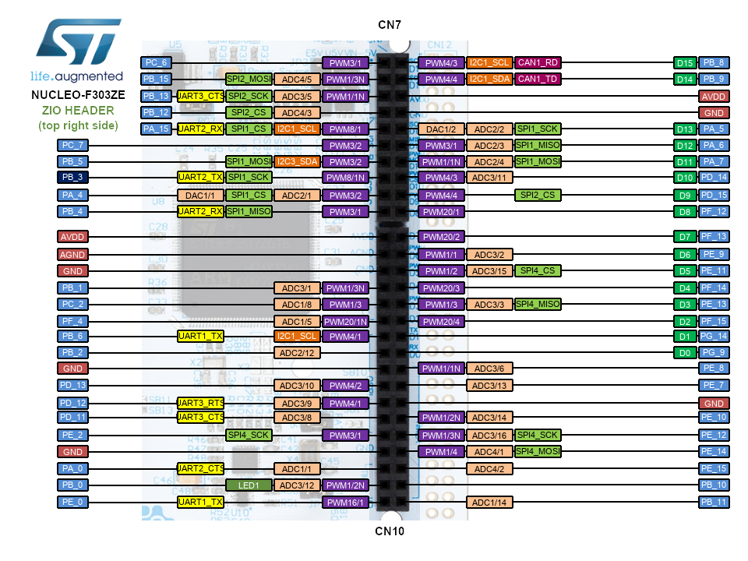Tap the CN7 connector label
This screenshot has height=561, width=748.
point(390,25)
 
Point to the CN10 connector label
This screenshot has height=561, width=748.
point(389,531)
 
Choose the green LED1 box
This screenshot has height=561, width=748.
point(249,485)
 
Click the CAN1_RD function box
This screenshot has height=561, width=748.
point(538,62)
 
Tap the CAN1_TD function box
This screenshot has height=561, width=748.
point(538,79)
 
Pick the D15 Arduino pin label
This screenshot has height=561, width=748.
point(684,62)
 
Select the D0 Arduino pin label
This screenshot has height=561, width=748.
point(684,352)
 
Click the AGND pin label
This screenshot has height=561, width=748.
point(72,254)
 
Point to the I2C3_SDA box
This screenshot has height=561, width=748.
point(297,162)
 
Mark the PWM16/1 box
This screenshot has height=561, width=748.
point(345,503)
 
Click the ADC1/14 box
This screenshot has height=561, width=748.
point(489,503)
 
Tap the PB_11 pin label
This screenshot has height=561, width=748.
point(714,503)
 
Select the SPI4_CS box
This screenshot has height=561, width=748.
point(538,270)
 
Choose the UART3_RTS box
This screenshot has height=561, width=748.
point(201,403)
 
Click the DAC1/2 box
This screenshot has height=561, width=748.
point(441,129)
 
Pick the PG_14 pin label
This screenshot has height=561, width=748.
point(714,336)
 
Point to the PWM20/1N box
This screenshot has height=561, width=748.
point(345,321)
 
